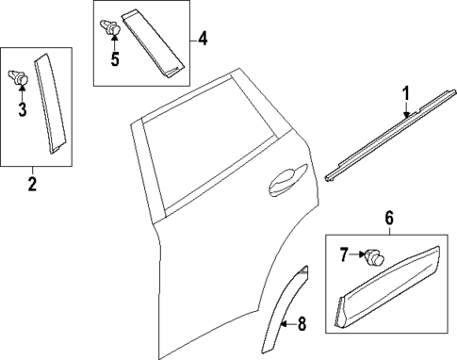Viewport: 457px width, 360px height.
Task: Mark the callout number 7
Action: [x=343, y=253]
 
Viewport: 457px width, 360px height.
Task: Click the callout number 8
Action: [x=301, y=325]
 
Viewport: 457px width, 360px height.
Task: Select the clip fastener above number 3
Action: [x=19, y=79]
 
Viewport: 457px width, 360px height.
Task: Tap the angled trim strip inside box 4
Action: [x=155, y=41]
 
